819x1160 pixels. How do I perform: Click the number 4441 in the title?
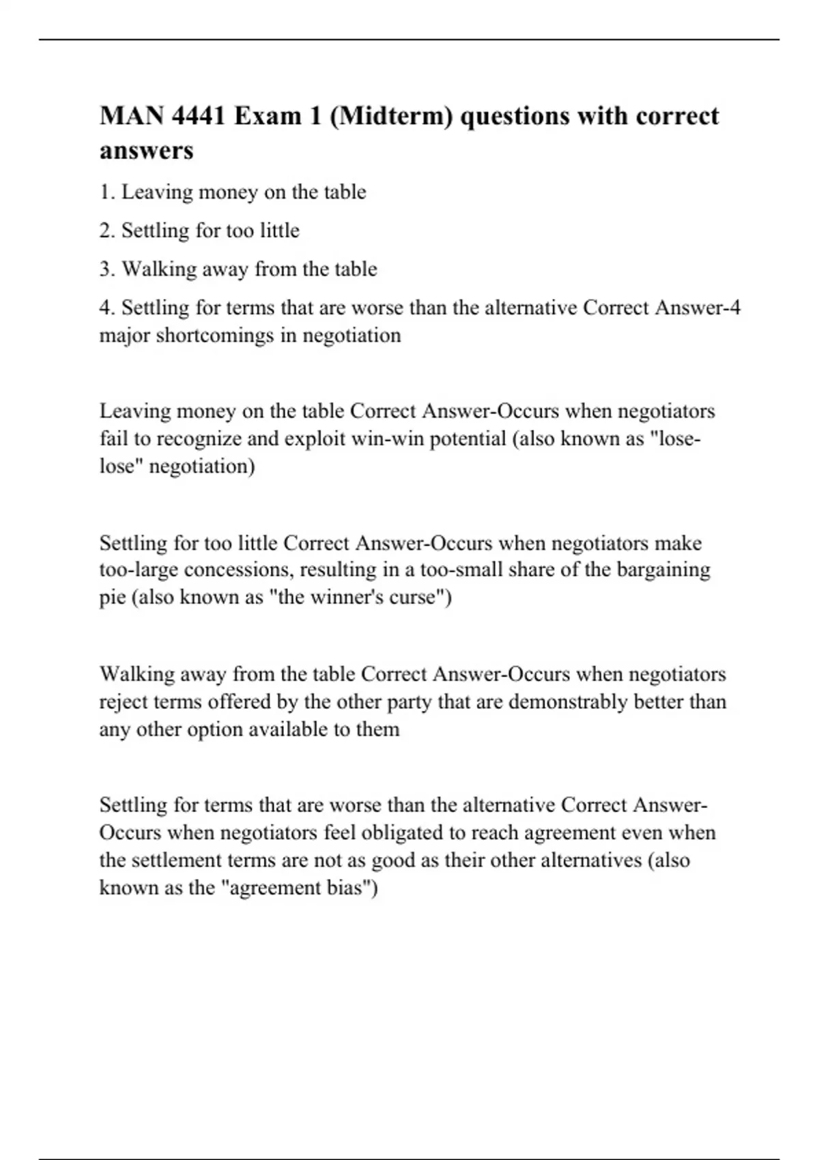[198, 116]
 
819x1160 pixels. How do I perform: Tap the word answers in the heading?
[147, 150]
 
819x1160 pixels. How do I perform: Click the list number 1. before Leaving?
[108, 192]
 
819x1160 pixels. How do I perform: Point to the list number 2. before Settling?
[108, 231]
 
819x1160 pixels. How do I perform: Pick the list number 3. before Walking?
[108, 269]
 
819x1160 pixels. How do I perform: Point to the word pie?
[112, 598]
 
